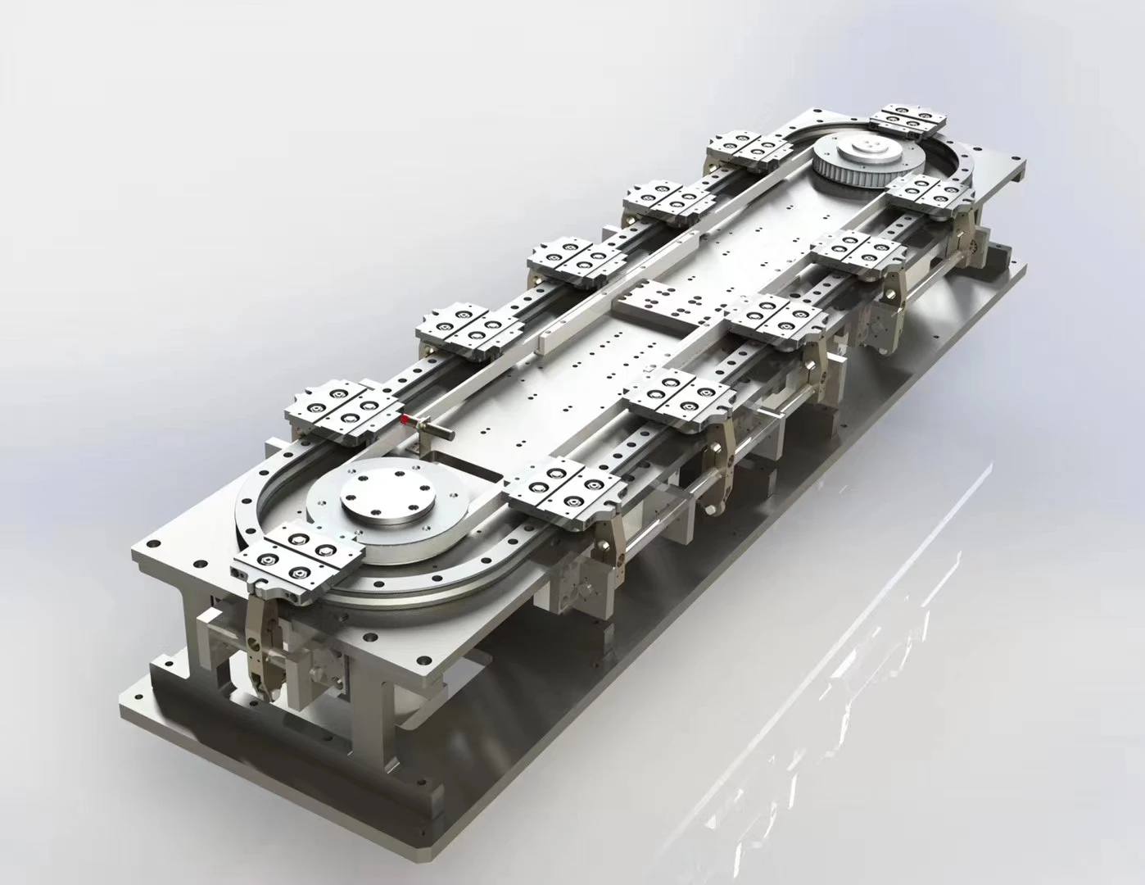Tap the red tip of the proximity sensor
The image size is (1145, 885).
[x=404, y=420]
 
